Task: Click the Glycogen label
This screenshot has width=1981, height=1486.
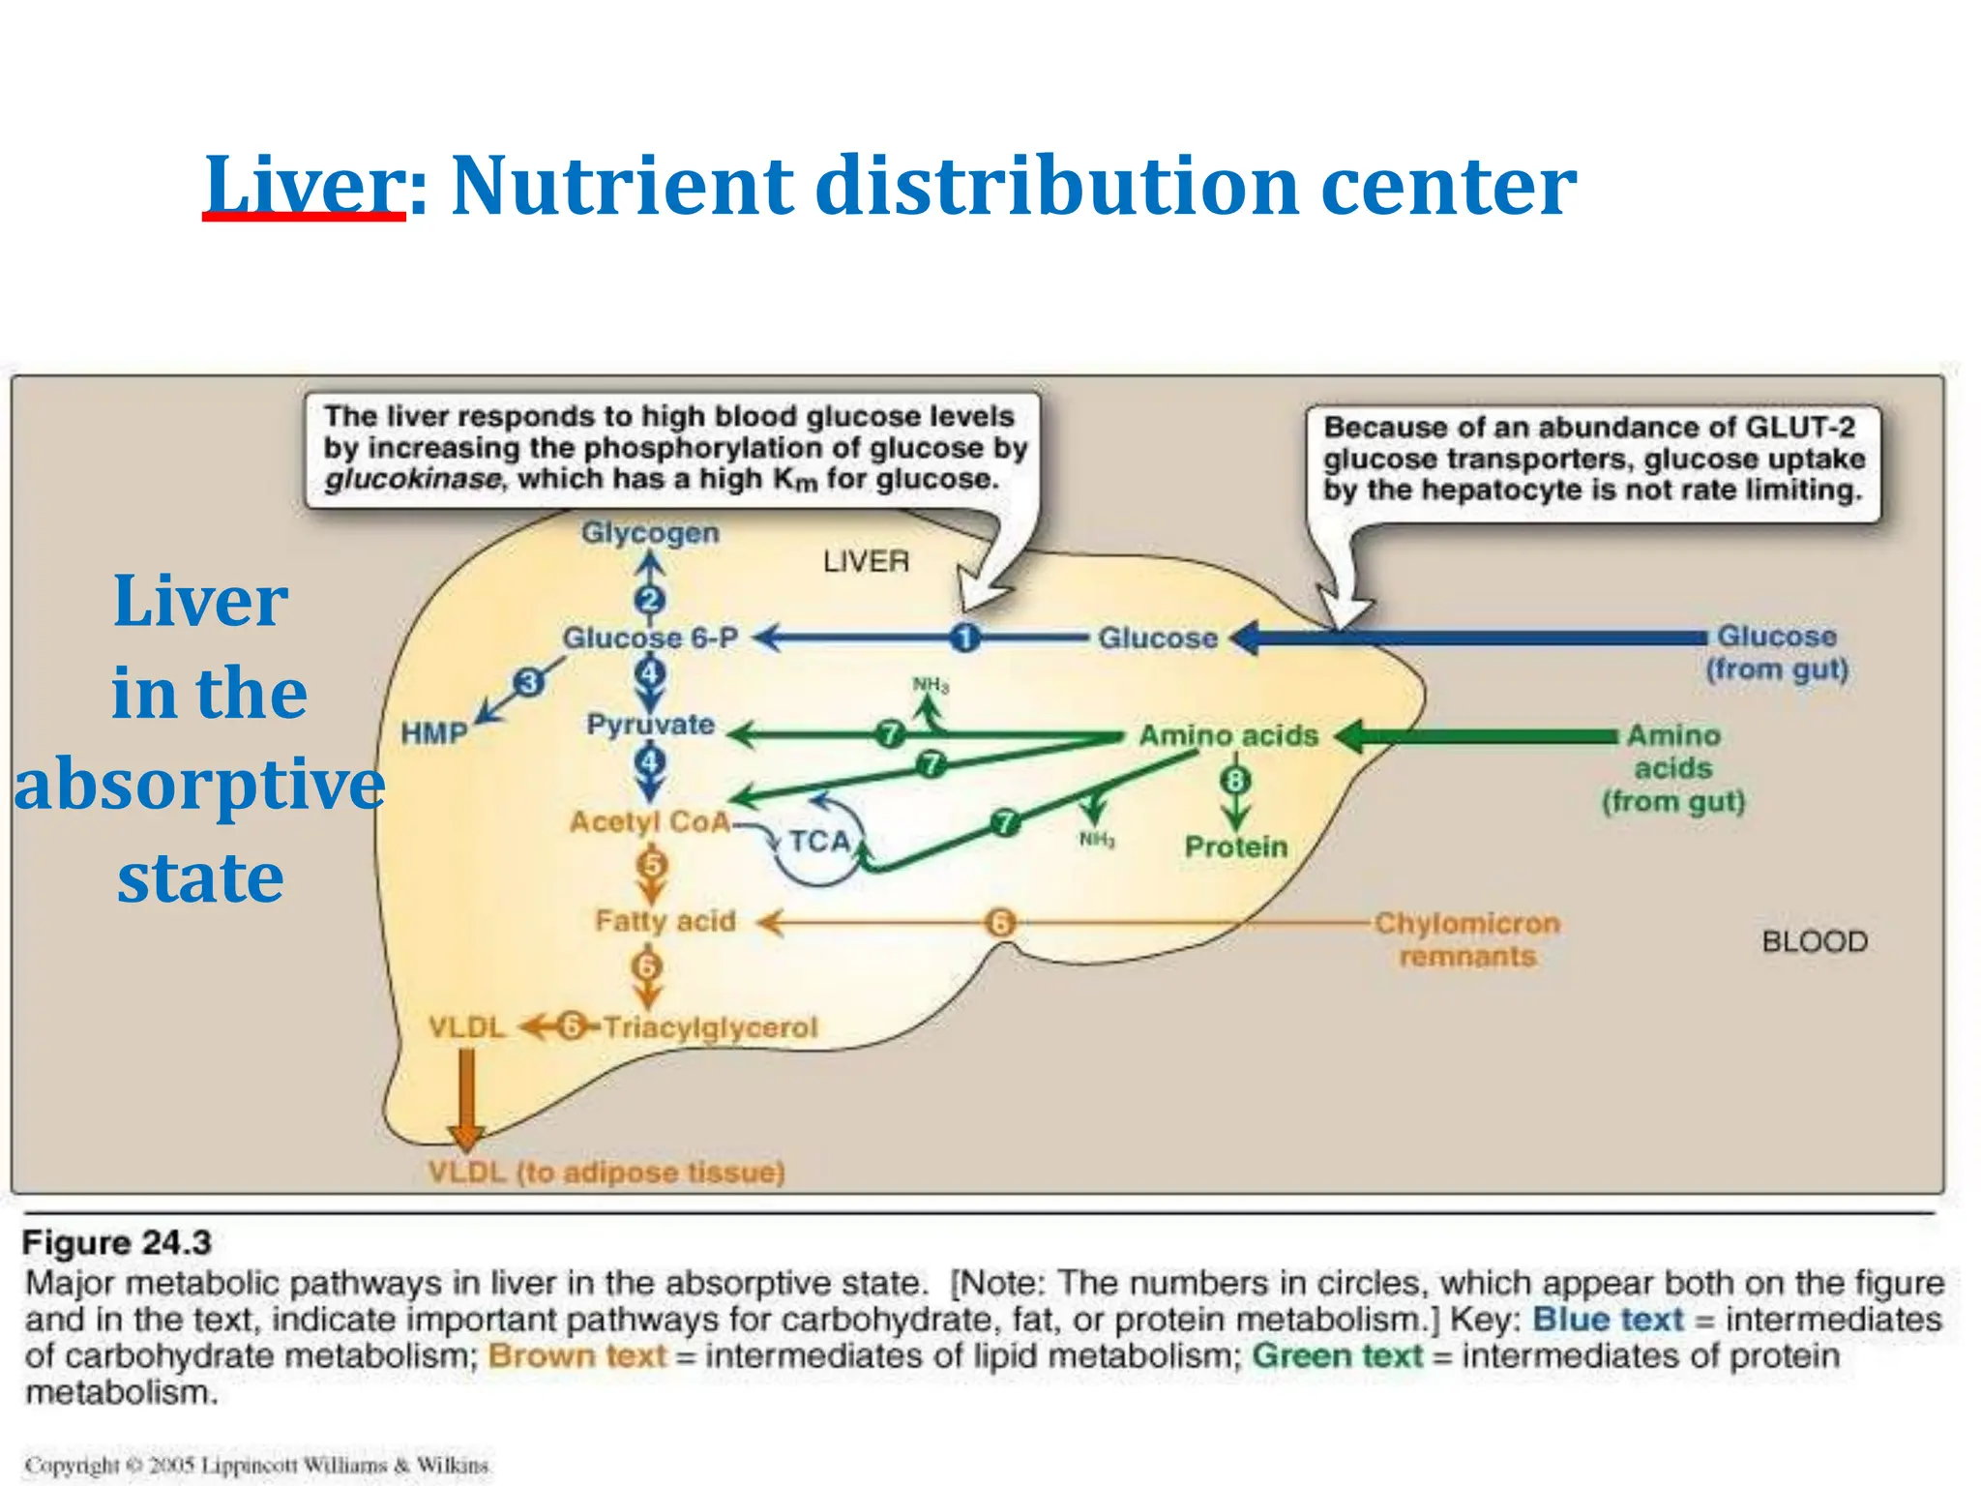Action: [x=650, y=533]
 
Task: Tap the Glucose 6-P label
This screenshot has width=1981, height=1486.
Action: [x=650, y=639]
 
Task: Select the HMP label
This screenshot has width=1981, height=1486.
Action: [x=434, y=733]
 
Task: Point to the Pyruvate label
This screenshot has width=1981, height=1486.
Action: [x=650, y=725]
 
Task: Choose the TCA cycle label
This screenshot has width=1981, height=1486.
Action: [x=819, y=842]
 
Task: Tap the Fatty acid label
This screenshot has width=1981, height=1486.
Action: [x=665, y=921]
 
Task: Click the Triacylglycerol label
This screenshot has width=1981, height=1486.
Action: [x=710, y=1027]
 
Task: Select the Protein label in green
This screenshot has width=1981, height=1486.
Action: [x=1236, y=847]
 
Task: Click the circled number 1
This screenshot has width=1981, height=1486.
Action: [x=964, y=639]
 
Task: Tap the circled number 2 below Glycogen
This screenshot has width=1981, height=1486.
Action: [x=650, y=601]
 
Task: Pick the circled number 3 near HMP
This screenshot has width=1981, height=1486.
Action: [x=528, y=683]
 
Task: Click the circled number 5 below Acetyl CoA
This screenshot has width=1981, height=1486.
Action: [x=652, y=864]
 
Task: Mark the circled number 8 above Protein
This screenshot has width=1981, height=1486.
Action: [x=1235, y=780]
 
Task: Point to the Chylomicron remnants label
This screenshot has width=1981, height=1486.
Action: [x=1467, y=939]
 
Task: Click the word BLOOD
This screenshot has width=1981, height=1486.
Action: [x=1815, y=942]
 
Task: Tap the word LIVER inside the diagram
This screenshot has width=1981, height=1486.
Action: [x=866, y=561]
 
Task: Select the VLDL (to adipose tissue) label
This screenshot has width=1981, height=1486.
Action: [x=606, y=1173]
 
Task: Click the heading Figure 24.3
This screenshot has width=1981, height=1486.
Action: [x=116, y=1242]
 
